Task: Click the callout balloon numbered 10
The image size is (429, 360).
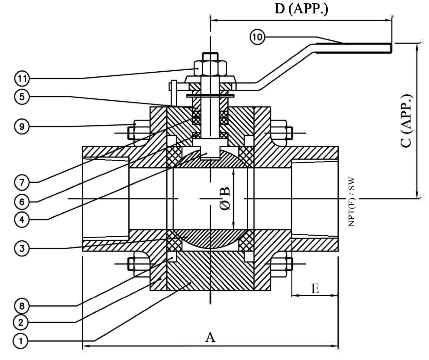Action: tap(257, 37)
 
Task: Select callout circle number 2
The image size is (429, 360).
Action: tap(21, 322)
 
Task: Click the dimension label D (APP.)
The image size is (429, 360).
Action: tap(301, 9)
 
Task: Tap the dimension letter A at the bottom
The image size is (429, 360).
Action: tap(210, 337)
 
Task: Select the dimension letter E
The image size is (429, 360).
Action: tap(315, 289)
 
